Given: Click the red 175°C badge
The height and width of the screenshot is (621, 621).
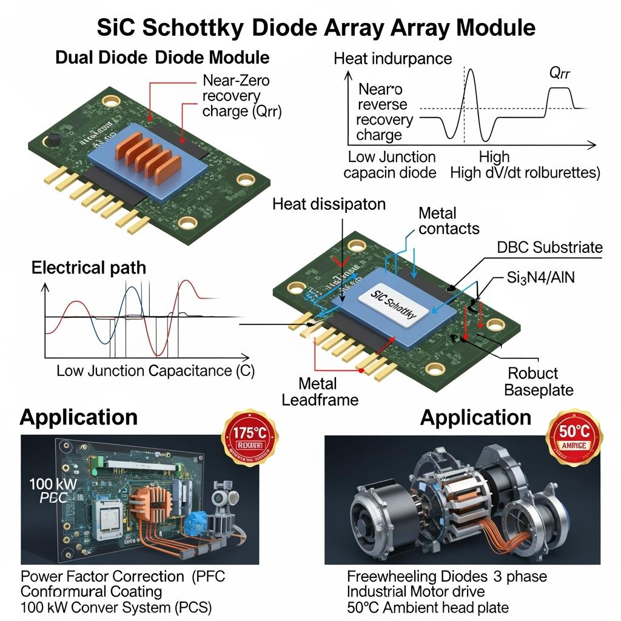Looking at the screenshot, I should [251, 439].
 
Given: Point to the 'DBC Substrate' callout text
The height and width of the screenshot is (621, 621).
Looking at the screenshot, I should [549, 247].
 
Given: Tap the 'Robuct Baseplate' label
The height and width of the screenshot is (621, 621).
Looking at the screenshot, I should [539, 381].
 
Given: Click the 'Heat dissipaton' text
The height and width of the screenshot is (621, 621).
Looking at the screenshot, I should [329, 204].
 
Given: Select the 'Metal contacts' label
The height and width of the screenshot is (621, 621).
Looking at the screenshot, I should [448, 221].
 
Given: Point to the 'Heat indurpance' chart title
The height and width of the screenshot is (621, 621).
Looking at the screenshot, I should [392, 59].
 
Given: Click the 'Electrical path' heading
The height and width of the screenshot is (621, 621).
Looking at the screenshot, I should [89, 267].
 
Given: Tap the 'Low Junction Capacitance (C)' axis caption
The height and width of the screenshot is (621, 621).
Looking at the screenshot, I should [155, 371].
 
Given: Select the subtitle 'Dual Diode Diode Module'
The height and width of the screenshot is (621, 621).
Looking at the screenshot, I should [162, 58].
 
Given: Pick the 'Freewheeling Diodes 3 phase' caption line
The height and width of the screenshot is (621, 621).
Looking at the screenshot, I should [446, 576].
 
